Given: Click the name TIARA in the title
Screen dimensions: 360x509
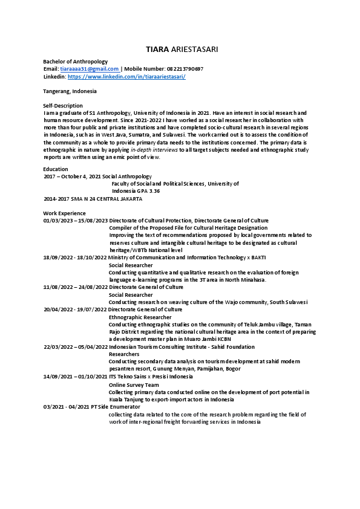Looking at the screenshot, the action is pos(157,48).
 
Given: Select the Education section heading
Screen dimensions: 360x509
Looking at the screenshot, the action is pos(56,169).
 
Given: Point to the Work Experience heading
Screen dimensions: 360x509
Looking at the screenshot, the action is pos(64,213).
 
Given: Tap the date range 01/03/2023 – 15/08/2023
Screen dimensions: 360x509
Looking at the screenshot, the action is pos(75,221).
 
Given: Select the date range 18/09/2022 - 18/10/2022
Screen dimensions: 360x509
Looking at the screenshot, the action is pos(75,258).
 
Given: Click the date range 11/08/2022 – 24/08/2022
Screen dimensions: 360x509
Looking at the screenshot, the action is pos(75,287).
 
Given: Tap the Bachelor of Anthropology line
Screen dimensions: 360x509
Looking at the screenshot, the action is pos(75,62).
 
